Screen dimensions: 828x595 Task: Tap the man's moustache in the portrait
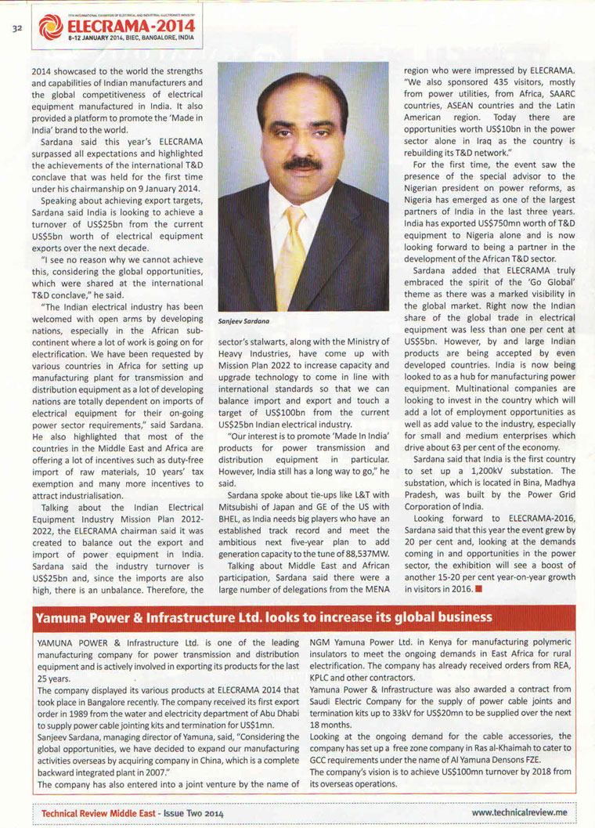[x=303, y=165]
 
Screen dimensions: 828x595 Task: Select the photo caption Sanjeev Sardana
[x=244, y=321]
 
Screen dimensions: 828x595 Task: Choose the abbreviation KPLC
[x=323, y=678]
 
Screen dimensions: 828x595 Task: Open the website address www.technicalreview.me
[x=519, y=814]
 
